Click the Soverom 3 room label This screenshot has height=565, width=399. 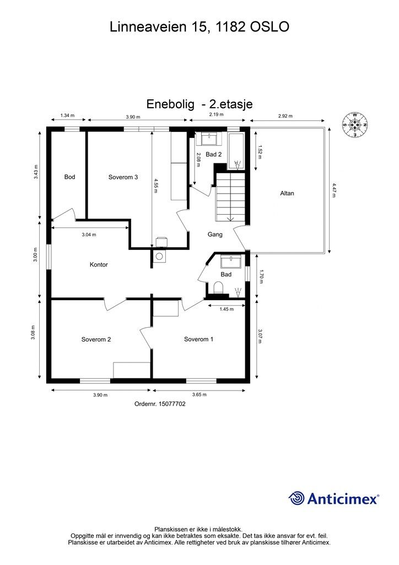tap(123, 177)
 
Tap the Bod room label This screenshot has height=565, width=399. tap(69, 177)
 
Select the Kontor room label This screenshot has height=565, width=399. tap(99, 265)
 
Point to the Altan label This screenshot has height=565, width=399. tap(287, 193)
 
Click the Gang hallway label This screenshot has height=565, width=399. tap(215, 234)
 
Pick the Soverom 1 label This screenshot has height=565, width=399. tap(198, 339)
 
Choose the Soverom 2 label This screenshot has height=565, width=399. tap(96, 339)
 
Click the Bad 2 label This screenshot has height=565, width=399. tap(213, 154)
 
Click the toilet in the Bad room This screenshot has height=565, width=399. tap(218, 287)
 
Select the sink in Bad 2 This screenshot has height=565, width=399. tap(209, 138)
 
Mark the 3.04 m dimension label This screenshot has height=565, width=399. tap(89, 234)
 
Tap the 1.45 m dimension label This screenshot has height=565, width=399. tap(226, 309)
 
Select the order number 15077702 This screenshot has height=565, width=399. tap(160, 404)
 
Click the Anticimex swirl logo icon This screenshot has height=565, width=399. tap(297, 498)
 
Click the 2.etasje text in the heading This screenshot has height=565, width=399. tap(227, 104)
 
